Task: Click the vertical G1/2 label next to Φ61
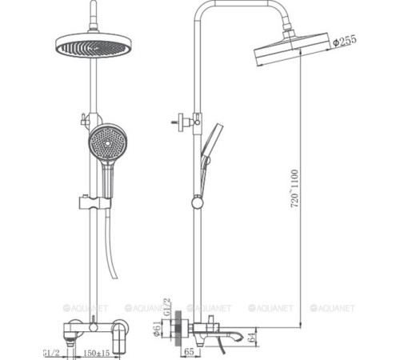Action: pyautogui.click(x=168, y=307)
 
